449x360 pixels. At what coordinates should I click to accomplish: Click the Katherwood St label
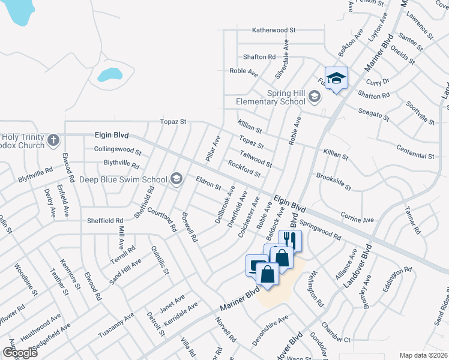pyautogui.click(x=274, y=29)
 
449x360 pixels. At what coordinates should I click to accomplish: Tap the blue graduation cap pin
pyautogui.click(x=336, y=78)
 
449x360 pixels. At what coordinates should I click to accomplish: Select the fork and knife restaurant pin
pyautogui.click(x=291, y=239)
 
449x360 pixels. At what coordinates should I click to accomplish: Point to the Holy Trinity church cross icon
pyautogui.click(x=53, y=140)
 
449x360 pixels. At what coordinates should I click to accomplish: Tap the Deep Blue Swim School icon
pyautogui.click(x=176, y=178)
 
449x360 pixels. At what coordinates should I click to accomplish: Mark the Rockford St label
pyautogui.click(x=244, y=169)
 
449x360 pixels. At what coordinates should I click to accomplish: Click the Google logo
pyautogui.click(x=20, y=352)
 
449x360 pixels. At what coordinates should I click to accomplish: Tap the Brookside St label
pyautogui.click(x=333, y=182)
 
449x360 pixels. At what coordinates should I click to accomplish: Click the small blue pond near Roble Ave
pyautogui.click(x=110, y=74)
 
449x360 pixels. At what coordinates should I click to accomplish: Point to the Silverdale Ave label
pyautogui.click(x=282, y=58)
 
